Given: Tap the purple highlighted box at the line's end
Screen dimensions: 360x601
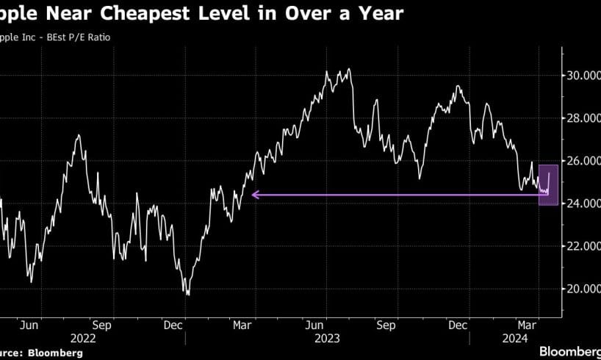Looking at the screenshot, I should pos(548,184).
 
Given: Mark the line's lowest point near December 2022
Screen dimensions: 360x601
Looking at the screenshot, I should pos(188,295).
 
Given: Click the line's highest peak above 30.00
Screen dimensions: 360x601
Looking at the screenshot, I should pos(349,69).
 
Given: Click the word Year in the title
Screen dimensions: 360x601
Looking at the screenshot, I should pos(375,14).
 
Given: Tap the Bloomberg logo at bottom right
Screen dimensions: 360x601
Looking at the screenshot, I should pos(569,352).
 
